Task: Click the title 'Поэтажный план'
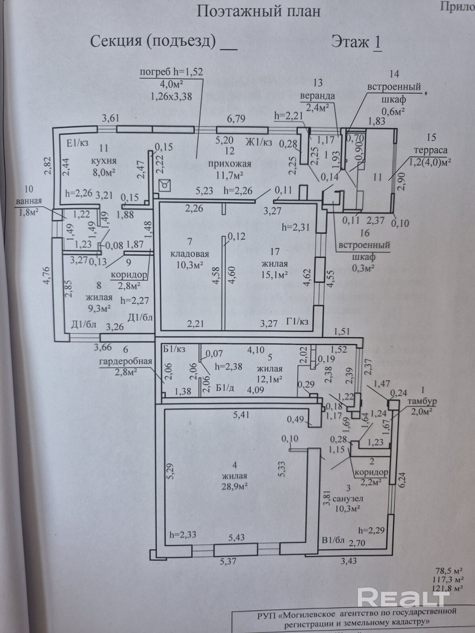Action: [x=258, y=12]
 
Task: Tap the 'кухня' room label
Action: [x=104, y=161]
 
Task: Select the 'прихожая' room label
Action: [x=230, y=164]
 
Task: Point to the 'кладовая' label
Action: [x=190, y=254]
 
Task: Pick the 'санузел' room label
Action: [x=348, y=498]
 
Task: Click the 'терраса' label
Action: [x=431, y=151]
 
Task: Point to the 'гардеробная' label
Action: [x=125, y=362]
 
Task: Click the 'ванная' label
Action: [x=29, y=201]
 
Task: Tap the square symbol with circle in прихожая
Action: [x=164, y=186]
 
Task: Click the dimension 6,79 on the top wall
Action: [x=236, y=119]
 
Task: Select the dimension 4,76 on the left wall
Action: [x=47, y=276]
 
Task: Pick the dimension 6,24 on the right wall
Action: [x=402, y=479]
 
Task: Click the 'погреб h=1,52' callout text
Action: [x=171, y=72]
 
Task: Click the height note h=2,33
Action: [x=183, y=534]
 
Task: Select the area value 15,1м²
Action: [x=274, y=275]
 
